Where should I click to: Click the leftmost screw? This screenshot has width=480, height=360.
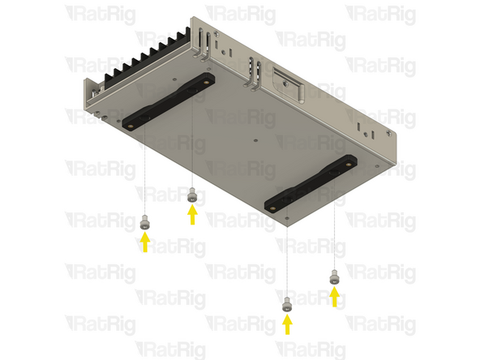pos(144,221)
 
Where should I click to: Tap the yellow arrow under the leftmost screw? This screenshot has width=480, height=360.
pos(144,242)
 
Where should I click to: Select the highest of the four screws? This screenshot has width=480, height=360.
pos(192,195)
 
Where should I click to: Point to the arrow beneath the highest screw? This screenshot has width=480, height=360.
pos(192,215)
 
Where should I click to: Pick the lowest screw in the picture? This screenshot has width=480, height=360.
pos(286,305)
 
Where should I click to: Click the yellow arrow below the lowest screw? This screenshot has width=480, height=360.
pos(286,324)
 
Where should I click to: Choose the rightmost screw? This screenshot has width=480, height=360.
pos(334,278)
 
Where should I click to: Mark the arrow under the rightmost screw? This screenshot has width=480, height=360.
pos(334,297)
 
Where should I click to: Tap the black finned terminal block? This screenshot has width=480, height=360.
pos(149,57)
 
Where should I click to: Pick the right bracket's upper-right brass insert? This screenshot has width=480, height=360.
pos(350,163)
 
